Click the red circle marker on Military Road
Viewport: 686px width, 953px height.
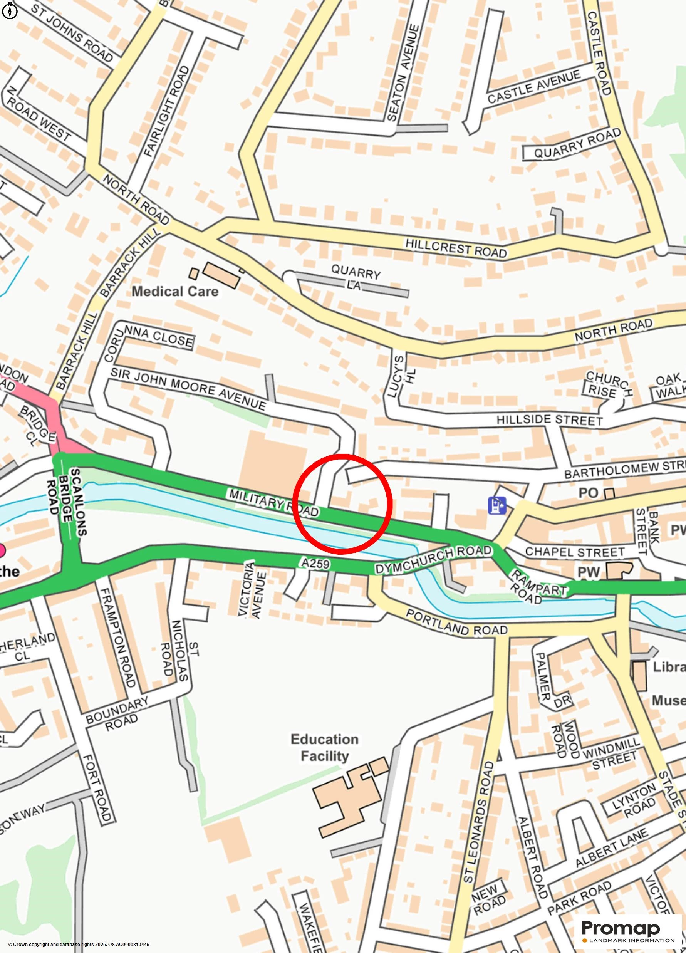coord(342,504)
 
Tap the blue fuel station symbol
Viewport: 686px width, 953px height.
coord(497,505)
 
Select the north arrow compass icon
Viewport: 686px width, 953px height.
coord(10,10)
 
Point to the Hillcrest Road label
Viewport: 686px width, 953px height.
coord(456,248)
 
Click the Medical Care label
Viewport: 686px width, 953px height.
coord(175,292)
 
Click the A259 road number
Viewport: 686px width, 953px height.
coord(315,563)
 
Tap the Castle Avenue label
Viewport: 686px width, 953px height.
coord(533,87)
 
